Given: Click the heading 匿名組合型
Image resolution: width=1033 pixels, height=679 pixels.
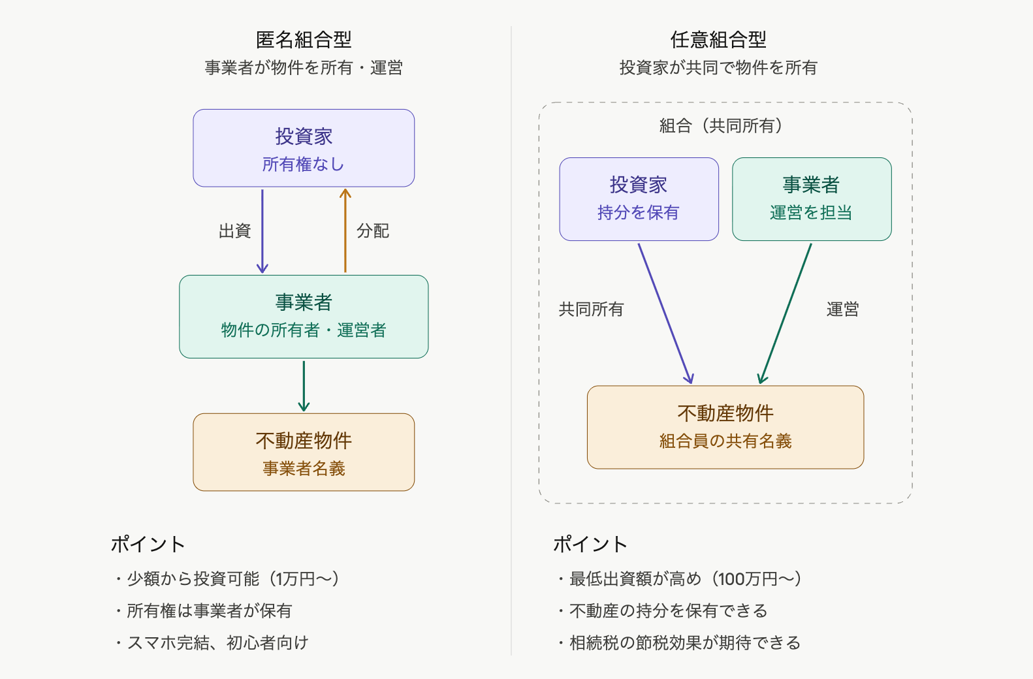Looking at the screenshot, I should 304,40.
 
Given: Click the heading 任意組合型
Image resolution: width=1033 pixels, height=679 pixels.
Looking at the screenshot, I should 718,40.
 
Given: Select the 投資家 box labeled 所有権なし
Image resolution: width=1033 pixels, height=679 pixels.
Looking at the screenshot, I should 304,148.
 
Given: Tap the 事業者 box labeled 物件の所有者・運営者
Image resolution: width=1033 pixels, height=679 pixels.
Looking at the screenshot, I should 304,317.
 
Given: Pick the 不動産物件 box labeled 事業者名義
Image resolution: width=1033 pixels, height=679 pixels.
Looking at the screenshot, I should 304,452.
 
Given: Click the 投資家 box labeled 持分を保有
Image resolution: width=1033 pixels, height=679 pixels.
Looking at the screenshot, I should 639,199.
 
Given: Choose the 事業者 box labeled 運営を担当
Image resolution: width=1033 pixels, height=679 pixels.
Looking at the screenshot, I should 812,199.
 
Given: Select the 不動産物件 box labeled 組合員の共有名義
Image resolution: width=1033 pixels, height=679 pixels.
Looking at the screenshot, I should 725,427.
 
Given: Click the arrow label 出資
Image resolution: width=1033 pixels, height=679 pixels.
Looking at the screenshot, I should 235,230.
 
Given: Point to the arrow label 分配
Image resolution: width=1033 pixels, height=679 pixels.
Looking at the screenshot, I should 373,230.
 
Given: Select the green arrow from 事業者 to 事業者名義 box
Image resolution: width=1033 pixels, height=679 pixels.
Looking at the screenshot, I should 304,385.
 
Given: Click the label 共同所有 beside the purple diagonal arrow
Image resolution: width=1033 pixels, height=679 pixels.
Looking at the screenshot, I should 591,309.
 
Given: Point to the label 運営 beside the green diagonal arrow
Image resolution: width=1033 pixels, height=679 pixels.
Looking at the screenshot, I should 842,309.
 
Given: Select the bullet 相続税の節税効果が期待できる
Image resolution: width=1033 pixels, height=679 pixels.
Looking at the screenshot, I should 684,642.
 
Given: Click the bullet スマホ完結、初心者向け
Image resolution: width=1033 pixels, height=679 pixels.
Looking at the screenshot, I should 217,642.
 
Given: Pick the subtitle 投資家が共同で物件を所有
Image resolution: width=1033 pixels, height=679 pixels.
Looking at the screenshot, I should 718,67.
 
